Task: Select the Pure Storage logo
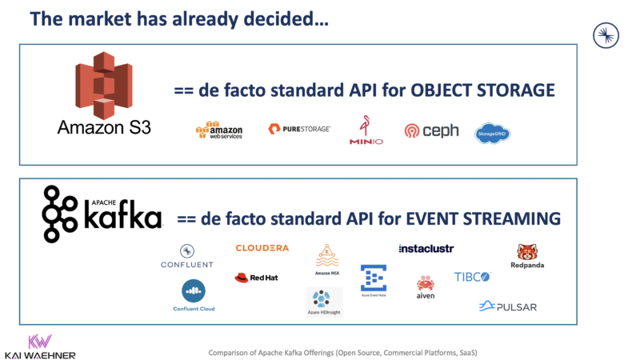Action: [x=299, y=129]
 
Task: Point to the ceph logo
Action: [x=431, y=130]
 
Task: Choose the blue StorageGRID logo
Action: [x=492, y=133]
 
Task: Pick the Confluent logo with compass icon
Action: [x=186, y=257]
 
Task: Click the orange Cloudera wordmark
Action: [x=262, y=248]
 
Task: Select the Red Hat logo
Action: [x=255, y=278]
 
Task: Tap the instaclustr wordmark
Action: [x=426, y=249]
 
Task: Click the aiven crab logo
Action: [x=425, y=286]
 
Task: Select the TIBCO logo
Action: [x=472, y=277]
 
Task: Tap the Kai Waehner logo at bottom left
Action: [x=39, y=346]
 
